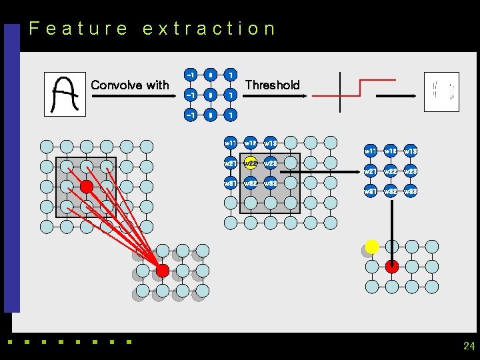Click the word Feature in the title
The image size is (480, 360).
[78, 29]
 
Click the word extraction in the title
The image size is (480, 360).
[209, 29]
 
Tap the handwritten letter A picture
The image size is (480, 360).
[65, 93]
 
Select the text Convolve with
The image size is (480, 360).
[130, 85]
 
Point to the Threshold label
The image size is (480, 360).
[273, 85]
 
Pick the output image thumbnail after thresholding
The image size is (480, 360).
[442, 91]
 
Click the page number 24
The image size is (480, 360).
[469, 345]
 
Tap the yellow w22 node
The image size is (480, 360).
[251, 163]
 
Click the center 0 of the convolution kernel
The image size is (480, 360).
[211, 95]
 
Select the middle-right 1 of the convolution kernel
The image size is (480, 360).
[230, 95]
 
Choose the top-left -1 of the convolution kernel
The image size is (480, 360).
[191, 75]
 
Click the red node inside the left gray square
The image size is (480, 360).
[86, 187]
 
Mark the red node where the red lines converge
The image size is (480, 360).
[162, 270]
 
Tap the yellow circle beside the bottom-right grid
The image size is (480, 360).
[372, 247]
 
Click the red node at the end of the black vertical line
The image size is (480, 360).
[392, 267]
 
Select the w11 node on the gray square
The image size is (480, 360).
[231, 143]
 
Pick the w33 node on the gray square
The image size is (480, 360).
[271, 183]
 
